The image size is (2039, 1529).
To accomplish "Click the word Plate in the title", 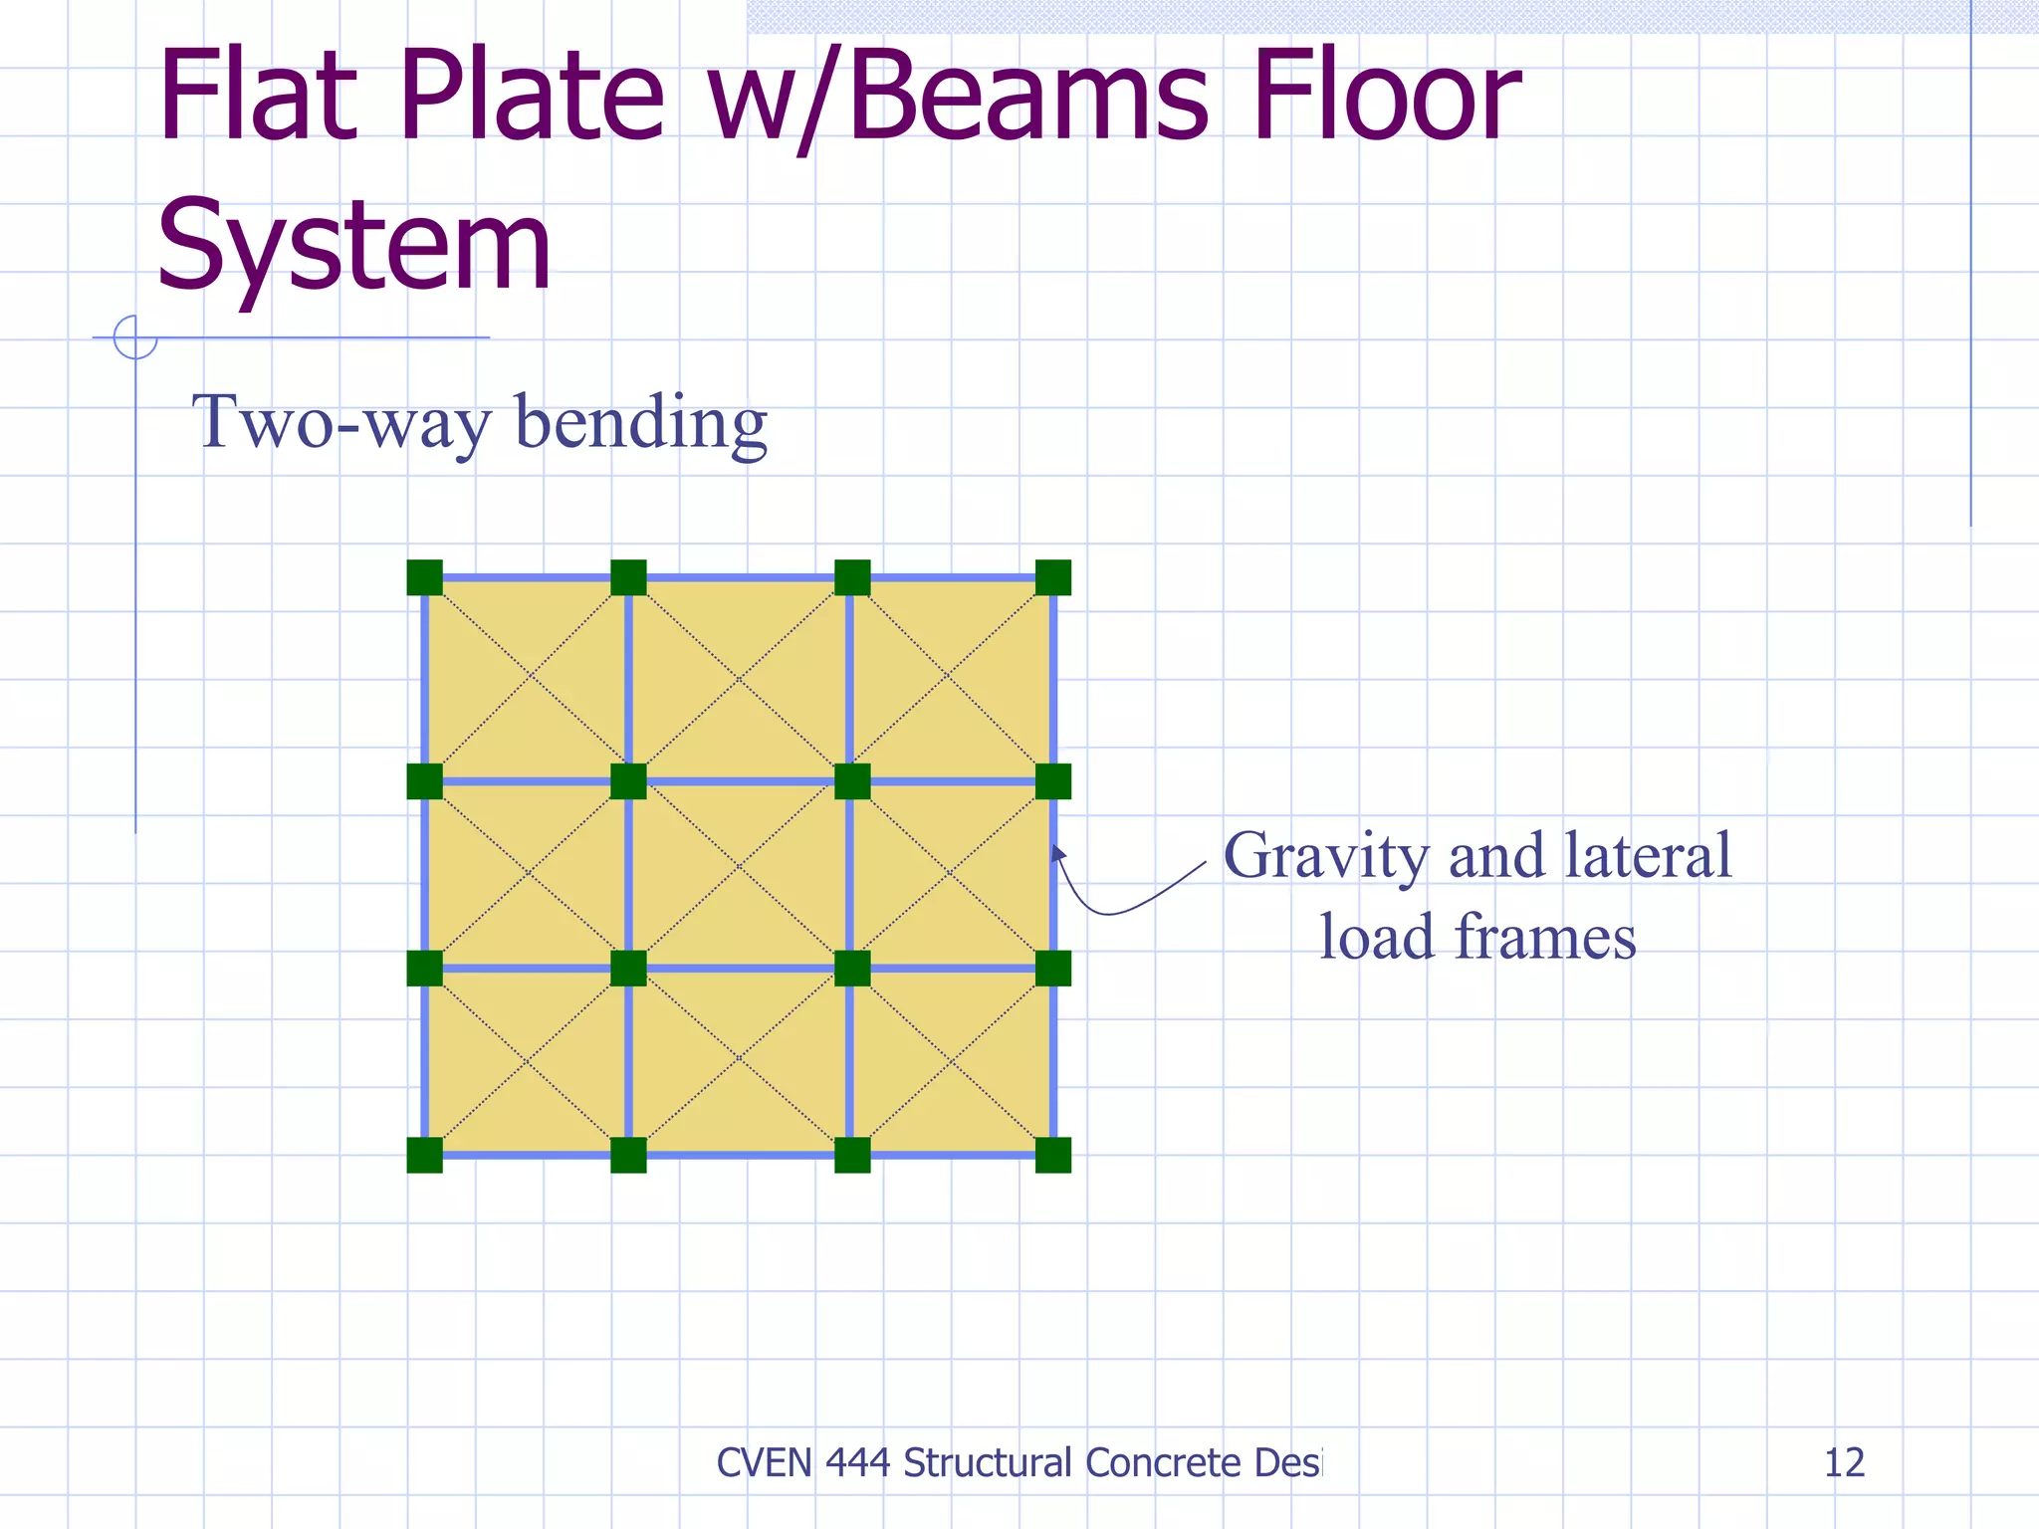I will pyautogui.click(x=532, y=98).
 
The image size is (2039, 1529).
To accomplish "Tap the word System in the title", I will pyautogui.click(x=353, y=244).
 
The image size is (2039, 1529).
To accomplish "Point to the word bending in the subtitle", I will pyautogui.click(x=641, y=422).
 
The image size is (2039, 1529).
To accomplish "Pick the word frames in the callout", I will pyautogui.click(x=1545, y=937).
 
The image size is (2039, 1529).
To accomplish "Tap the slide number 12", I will pyautogui.click(x=1844, y=1462).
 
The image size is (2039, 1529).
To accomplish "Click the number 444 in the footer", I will pyautogui.click(x=857, y=1462).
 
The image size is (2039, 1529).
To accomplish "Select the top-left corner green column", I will pyautogui.click(x=425, y=577).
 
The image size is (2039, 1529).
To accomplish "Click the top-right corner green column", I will pyautogui.click(x=1053, y=577).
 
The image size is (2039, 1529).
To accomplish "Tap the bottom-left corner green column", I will pyautogui.click(x=425, y=1155).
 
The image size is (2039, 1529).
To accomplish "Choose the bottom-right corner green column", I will pyautogui.click(x=1053, y=1155).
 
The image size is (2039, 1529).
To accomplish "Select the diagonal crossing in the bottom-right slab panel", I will pyautogui.click(x=952, y=1062).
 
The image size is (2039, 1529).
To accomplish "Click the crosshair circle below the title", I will pyautogui.click(x=135, y=337).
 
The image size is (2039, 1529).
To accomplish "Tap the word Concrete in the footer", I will pyautogui.click(x=1162, y=1462).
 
